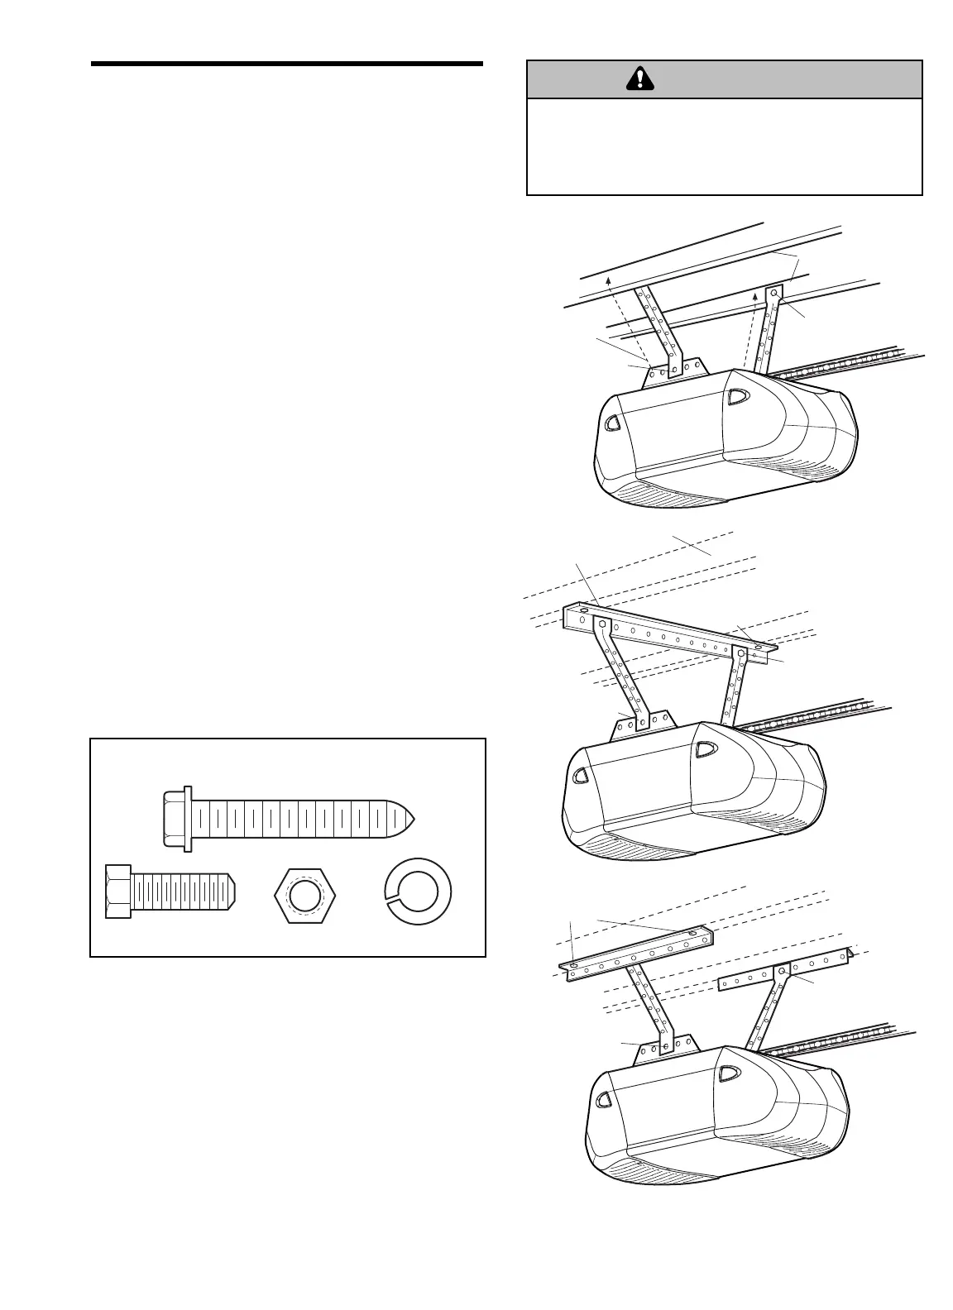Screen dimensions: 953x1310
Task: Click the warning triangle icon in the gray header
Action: pos(639,79)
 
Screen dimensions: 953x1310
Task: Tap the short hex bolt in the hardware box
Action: pos(171,891)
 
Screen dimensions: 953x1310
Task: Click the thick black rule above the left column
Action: pos(286,64)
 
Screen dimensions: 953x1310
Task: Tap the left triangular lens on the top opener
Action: pos(613,423)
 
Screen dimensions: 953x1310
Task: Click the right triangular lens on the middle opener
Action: pos(705,749)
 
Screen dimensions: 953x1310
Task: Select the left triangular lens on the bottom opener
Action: pos(605,1100)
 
